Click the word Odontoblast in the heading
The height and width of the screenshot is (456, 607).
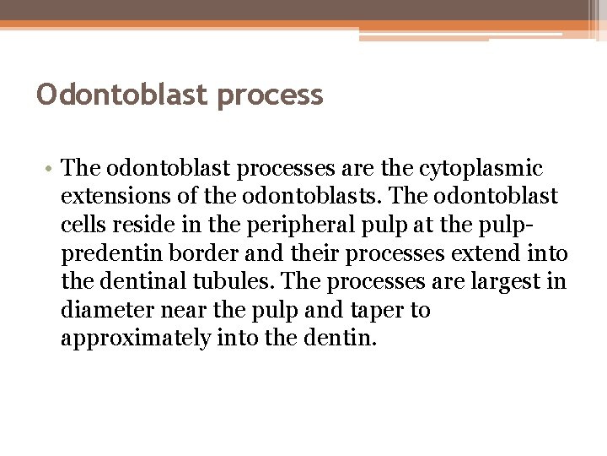tap(123, 95)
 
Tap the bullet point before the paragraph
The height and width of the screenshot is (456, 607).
tap(51, 169)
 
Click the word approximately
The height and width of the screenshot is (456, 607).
tap(136, 339)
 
